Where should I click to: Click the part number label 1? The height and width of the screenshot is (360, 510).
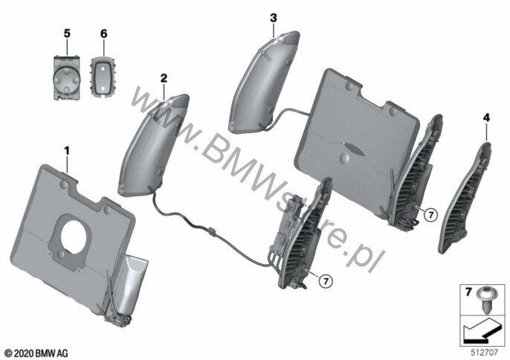[x=68, y=151]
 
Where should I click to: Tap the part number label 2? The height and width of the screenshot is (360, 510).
[x=164, y=77]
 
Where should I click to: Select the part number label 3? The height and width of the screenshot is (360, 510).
[x=274, y=17]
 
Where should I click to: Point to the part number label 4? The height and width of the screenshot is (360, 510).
[x=486, y=117]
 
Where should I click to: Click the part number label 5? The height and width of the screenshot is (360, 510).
[x=66, y=34]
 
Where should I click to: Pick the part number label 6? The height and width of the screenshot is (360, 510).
[x=103, y=34]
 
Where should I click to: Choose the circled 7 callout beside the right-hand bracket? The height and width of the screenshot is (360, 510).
[x=428, y=213]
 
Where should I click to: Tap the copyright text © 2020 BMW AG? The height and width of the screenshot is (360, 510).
[x=36, y=350]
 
